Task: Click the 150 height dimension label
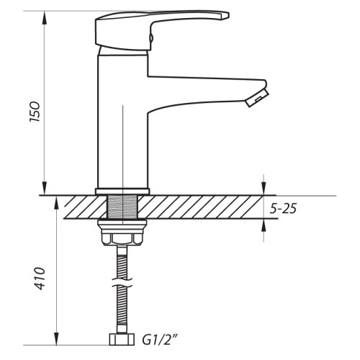[35, 112]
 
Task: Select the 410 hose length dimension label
[40, 278]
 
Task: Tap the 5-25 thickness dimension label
[283, 208]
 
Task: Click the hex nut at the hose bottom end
[122, 339]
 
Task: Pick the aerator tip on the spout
[257, 98]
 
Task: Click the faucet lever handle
[158, 30]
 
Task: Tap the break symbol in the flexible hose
[122, 282]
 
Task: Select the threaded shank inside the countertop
[122, 207]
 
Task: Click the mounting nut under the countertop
[122, 233]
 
